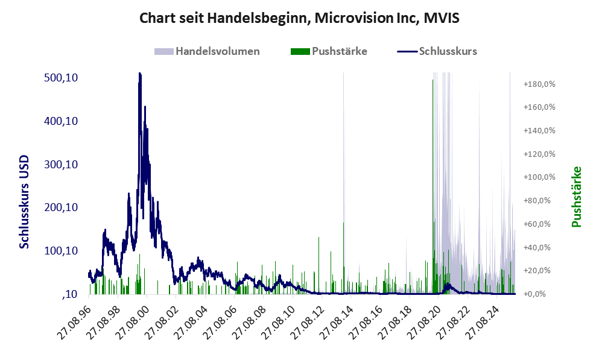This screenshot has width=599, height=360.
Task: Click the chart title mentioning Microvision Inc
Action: (x=299, y=18)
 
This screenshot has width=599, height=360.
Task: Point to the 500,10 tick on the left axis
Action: (x=63, y=78)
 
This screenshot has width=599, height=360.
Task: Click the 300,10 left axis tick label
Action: (x=63, y=165)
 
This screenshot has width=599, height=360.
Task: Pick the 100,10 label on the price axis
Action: (x=63, y=251)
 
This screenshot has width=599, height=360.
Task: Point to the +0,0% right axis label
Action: (x=538, y=294)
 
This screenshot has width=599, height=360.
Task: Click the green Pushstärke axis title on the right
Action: (x=576, y=197)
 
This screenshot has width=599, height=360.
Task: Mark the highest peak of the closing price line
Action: (x=140, y=74)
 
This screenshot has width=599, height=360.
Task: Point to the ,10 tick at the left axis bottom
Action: (x=69, y=294)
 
